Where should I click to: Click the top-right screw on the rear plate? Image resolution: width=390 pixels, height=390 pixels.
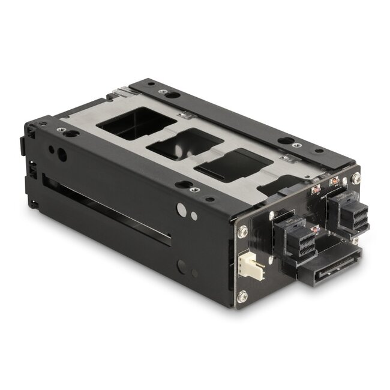click(356, 178)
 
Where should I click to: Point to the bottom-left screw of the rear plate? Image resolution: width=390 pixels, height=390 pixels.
click(242, 296)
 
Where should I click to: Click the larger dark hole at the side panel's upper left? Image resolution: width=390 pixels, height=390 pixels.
click(62, 154)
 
